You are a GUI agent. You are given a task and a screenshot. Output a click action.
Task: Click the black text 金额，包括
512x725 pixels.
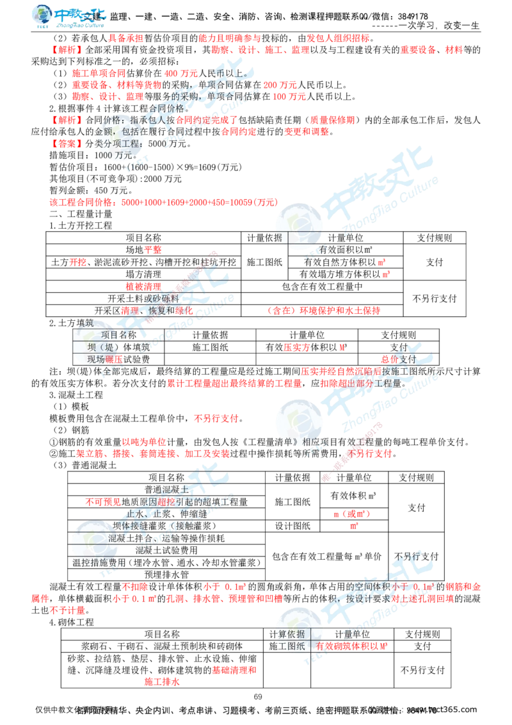[112, 131]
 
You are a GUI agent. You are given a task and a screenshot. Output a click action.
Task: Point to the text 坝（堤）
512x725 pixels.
[103, 346]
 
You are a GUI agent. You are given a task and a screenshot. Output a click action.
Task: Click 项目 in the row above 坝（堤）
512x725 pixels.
[109, 334]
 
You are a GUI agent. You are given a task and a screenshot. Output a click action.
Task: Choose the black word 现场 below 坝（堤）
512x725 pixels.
[97, 359]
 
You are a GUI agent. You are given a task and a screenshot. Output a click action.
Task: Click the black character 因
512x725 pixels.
[153, 501]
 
